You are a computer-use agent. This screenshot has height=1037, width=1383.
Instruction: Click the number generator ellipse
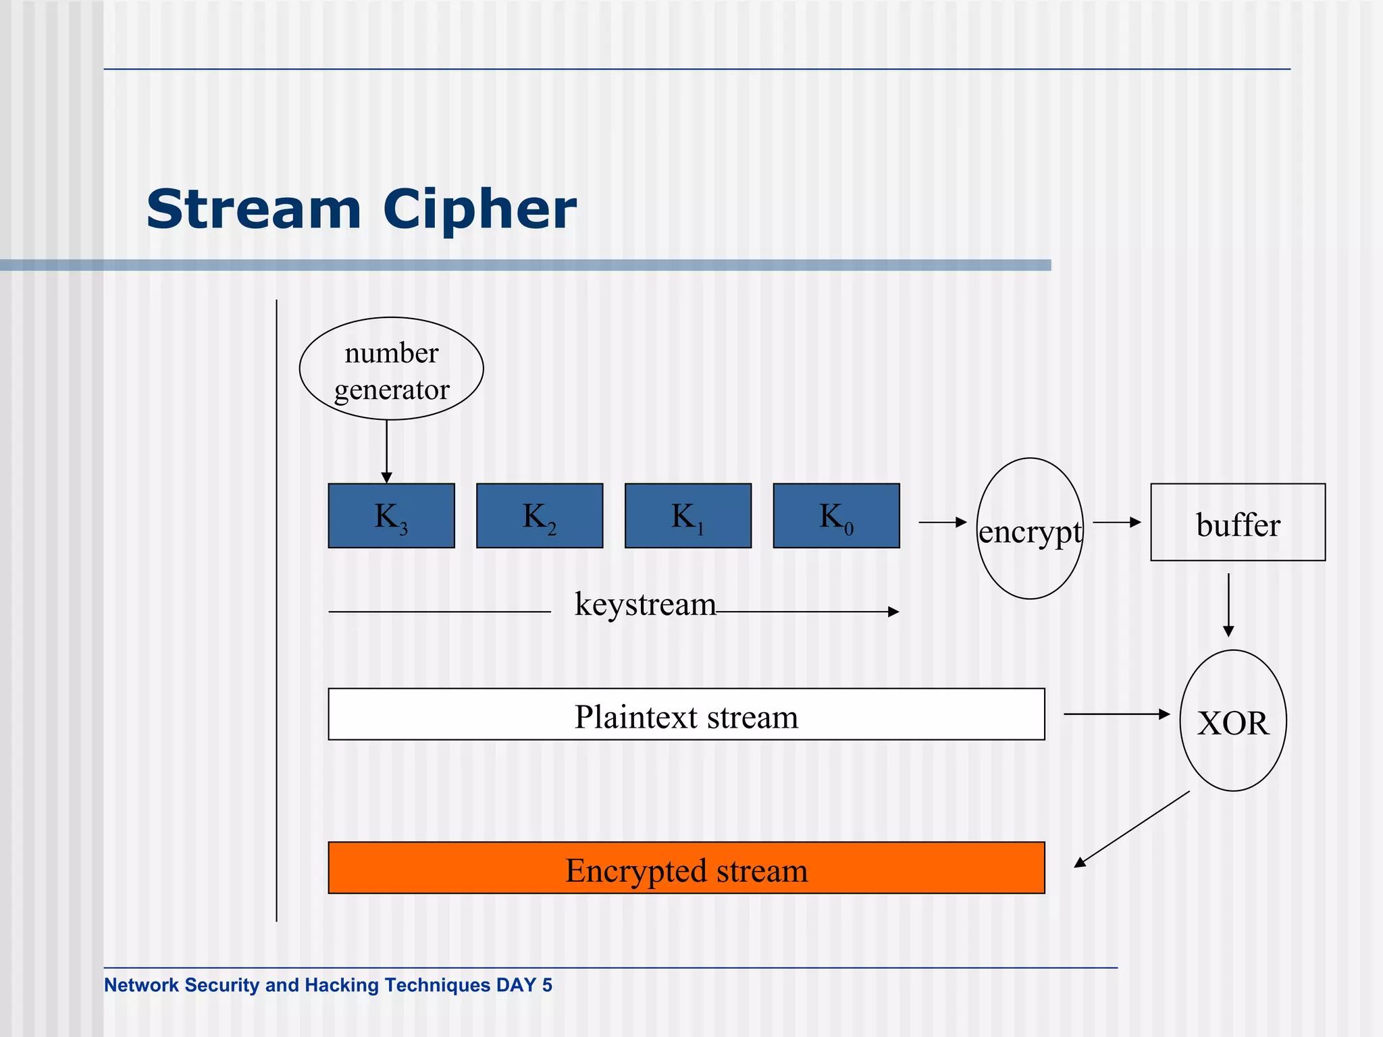(392, 369)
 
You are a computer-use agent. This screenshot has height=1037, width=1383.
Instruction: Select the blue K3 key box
(391, 516)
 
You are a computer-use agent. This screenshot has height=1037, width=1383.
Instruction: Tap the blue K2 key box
(540, 516)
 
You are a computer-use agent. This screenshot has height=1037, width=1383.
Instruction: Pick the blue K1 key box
(688, 516)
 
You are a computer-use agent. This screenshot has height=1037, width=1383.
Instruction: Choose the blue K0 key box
(836, 516)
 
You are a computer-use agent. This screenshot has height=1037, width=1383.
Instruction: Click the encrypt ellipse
(1030, 529)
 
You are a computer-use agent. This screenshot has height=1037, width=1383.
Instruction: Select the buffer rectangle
(1238, 523)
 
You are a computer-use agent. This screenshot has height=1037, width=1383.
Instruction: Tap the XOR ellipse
(1233, 721)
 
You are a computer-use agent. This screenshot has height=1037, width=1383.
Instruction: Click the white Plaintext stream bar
(686, 714)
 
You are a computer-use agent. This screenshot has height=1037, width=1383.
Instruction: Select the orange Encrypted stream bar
(686, 868)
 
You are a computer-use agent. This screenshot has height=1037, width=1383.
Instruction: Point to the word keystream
(645, 604)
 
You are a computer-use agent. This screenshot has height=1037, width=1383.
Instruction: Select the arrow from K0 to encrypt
(943, 522)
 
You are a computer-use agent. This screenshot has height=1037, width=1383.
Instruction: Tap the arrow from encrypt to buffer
(1116, 522)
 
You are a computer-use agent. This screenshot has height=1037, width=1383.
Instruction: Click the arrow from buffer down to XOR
(1228, 605)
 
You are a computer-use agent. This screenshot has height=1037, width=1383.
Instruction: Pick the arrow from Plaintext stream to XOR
(1116, 714)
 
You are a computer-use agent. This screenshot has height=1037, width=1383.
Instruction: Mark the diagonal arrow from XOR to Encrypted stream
(1132, 829)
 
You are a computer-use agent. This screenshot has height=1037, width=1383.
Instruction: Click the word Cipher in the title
(479, 209)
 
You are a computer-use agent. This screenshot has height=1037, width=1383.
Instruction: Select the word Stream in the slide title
(254, 209)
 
